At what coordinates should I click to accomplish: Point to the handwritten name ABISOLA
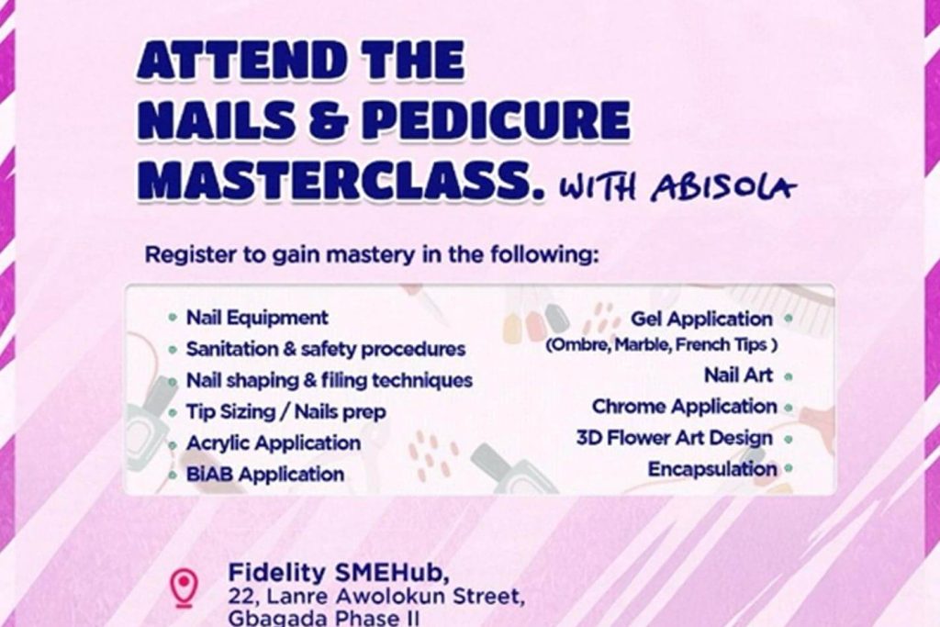click(724, 187)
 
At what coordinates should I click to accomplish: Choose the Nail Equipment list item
click(257, 318)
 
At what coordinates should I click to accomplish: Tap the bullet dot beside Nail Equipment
click(173, 318)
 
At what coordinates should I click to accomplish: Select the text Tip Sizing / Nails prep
click(286, 412)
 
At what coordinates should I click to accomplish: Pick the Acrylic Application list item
click(274, 443)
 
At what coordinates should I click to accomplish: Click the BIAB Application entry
click(265, 474)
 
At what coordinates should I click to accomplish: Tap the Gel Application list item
click(701, 319)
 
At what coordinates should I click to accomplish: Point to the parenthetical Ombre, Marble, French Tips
click(662, 344)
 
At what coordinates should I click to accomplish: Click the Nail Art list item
click(739, 375)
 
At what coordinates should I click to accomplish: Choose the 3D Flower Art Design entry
click(675, 438)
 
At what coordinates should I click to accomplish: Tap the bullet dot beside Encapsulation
click(789, 469)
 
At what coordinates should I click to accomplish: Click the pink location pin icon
click(183, 588)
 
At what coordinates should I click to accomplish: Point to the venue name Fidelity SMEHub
click(339, 573)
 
